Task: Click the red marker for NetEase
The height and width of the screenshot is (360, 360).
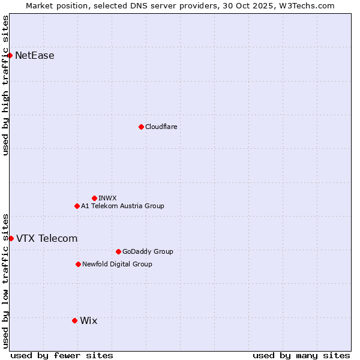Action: pos(10,56)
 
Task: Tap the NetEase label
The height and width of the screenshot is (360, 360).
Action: pos(34,56)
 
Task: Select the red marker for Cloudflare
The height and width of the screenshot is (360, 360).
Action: pos(141,127)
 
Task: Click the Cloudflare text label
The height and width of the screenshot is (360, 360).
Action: pos(161,127)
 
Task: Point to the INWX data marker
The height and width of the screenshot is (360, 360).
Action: pos(94,198)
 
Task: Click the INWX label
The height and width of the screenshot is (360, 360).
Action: pos(107,198)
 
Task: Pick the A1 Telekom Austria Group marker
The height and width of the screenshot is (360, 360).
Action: pos(77,206)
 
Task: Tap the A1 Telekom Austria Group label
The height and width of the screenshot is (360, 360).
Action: pos(122,206)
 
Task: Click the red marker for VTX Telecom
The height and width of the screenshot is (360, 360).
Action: pos(11,238)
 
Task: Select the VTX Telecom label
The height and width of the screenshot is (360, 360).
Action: pos(47,238)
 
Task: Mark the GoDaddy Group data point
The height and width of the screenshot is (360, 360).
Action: pos(118,251)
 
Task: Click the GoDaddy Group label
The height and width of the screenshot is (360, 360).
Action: pos(148,251)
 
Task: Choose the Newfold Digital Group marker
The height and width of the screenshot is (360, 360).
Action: pos(78,264)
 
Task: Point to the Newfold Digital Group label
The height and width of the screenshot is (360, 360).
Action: pos(117,264)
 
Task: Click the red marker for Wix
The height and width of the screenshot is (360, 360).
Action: pos(74,320)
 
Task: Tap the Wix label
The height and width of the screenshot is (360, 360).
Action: pos(88,320)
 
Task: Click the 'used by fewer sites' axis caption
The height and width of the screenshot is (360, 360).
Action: pos(62,355)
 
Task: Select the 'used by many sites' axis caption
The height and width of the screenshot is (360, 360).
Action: pos(301,355)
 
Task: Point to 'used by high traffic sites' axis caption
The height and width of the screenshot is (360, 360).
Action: pos(5,85)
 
